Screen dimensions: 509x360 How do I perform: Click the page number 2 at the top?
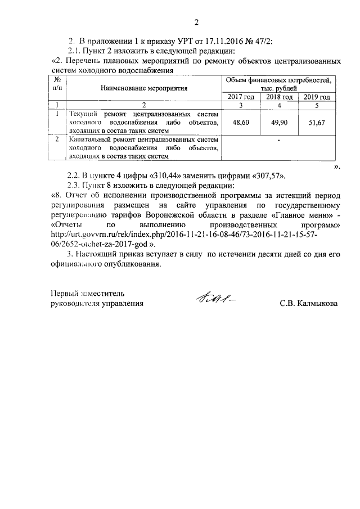(x=196, y=23)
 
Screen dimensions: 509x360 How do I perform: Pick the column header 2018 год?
(x=279, y=97)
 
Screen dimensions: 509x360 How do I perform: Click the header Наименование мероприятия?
(x=144, y=88)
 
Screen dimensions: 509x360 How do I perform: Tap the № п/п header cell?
(x=57, y=84)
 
